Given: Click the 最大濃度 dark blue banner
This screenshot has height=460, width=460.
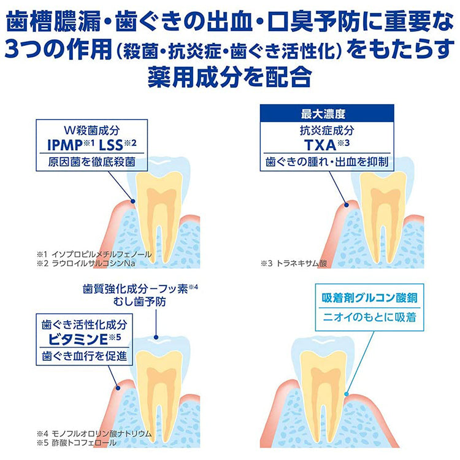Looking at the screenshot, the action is (327, 113).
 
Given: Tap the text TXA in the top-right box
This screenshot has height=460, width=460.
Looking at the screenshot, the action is (320, 145).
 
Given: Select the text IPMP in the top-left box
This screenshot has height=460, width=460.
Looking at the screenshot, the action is (65, 145).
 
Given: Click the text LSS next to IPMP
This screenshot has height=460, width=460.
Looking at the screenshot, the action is (111, 145).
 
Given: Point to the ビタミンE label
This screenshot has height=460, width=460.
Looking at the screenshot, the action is (78, 339).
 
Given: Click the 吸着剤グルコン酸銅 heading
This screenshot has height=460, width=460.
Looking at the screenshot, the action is (369, 297).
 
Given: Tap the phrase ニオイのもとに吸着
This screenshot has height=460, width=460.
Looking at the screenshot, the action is (369, 317).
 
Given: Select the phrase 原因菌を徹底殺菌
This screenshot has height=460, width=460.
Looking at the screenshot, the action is (92, 162).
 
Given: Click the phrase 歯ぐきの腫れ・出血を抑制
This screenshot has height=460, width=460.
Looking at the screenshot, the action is (327, 162).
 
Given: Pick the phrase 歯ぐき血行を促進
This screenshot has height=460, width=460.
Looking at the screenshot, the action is (85, 356).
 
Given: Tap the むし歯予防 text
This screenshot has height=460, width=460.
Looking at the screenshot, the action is (140, 302).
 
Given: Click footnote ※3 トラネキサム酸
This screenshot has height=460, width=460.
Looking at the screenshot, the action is (294, 263).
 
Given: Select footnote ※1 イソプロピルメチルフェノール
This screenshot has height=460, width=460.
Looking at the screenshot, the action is (94, 254).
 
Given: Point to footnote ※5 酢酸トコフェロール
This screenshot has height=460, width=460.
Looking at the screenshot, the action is (77, 442).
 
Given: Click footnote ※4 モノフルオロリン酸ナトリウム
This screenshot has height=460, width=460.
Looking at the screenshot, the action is (94, 433).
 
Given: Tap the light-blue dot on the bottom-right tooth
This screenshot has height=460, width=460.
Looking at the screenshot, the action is (346, 394).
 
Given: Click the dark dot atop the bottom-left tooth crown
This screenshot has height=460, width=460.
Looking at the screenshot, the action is (156, 337).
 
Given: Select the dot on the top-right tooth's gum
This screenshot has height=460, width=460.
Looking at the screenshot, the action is (347, 205).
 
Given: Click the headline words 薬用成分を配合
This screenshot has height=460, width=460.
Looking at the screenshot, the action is (229, 77).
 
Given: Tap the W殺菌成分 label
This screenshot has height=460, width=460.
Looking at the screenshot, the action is (92, 131).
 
